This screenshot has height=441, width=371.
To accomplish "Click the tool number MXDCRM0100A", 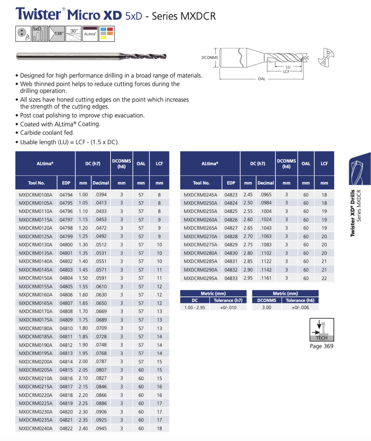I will pos(35,195).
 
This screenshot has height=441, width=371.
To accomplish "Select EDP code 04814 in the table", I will pos(66,362).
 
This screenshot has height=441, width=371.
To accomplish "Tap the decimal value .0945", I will pos(101,429).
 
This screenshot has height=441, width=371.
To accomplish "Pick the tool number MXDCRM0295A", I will pos(201,278).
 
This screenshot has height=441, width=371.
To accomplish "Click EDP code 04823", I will pos(231,195).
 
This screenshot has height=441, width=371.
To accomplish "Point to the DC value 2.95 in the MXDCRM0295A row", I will pos(248,278).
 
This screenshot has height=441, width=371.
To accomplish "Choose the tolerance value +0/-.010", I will pos(228,307).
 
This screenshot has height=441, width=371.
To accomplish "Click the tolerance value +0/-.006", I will pos(300,307).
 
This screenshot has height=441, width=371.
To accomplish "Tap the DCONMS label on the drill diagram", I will pos(210,57).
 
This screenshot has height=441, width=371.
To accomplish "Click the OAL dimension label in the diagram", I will pos(261,79).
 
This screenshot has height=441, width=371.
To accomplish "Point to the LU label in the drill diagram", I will pos(288,67).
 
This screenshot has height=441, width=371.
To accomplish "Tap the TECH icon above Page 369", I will pos(322,330).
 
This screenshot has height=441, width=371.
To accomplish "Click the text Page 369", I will pos(322,346).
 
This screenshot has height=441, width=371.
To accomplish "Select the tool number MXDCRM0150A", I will pos(35,278).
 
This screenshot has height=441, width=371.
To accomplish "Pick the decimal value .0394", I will pos(101,195).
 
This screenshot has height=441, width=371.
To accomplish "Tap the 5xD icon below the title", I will pos(40,33).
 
